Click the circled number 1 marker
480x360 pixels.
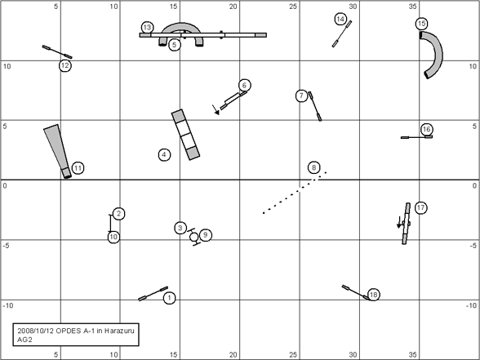tap(169, 298)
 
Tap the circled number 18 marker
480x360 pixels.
tap(373, 295)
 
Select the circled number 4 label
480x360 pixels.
tap(164, 154)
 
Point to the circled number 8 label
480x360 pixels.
tap(313, 167)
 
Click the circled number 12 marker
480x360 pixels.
tap(65, 65)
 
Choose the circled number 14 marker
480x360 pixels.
tap(340, 19)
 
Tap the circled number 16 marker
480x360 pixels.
tap(427, 130)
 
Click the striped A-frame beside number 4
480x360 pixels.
tap(185, 135)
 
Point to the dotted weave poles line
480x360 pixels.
tap(295, 193)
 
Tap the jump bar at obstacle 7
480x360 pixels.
tap(315, 106)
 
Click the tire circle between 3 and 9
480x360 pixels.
tap(193, 237)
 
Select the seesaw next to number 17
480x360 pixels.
tap(407, 224)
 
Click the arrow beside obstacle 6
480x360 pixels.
tap(216, 109)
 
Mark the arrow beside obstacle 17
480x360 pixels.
tap(399, 222)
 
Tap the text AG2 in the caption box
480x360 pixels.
tap(24, 340)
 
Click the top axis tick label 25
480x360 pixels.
tap(293, 7)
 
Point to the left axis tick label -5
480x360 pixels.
tap(6, 246)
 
